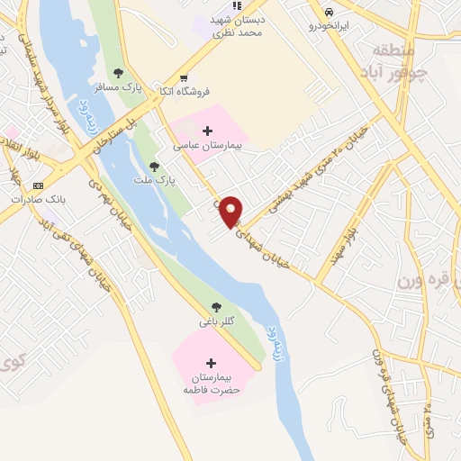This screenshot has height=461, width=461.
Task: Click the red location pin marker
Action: click(232, 212)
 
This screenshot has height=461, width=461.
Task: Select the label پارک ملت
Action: click(158, 180)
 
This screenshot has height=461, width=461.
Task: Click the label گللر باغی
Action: click(217, 321)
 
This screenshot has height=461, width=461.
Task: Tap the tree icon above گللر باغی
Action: click(215, 306)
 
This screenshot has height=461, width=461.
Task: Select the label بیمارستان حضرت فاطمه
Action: click(210, 383)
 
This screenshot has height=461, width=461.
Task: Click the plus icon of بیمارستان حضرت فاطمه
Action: click(211, 362)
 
